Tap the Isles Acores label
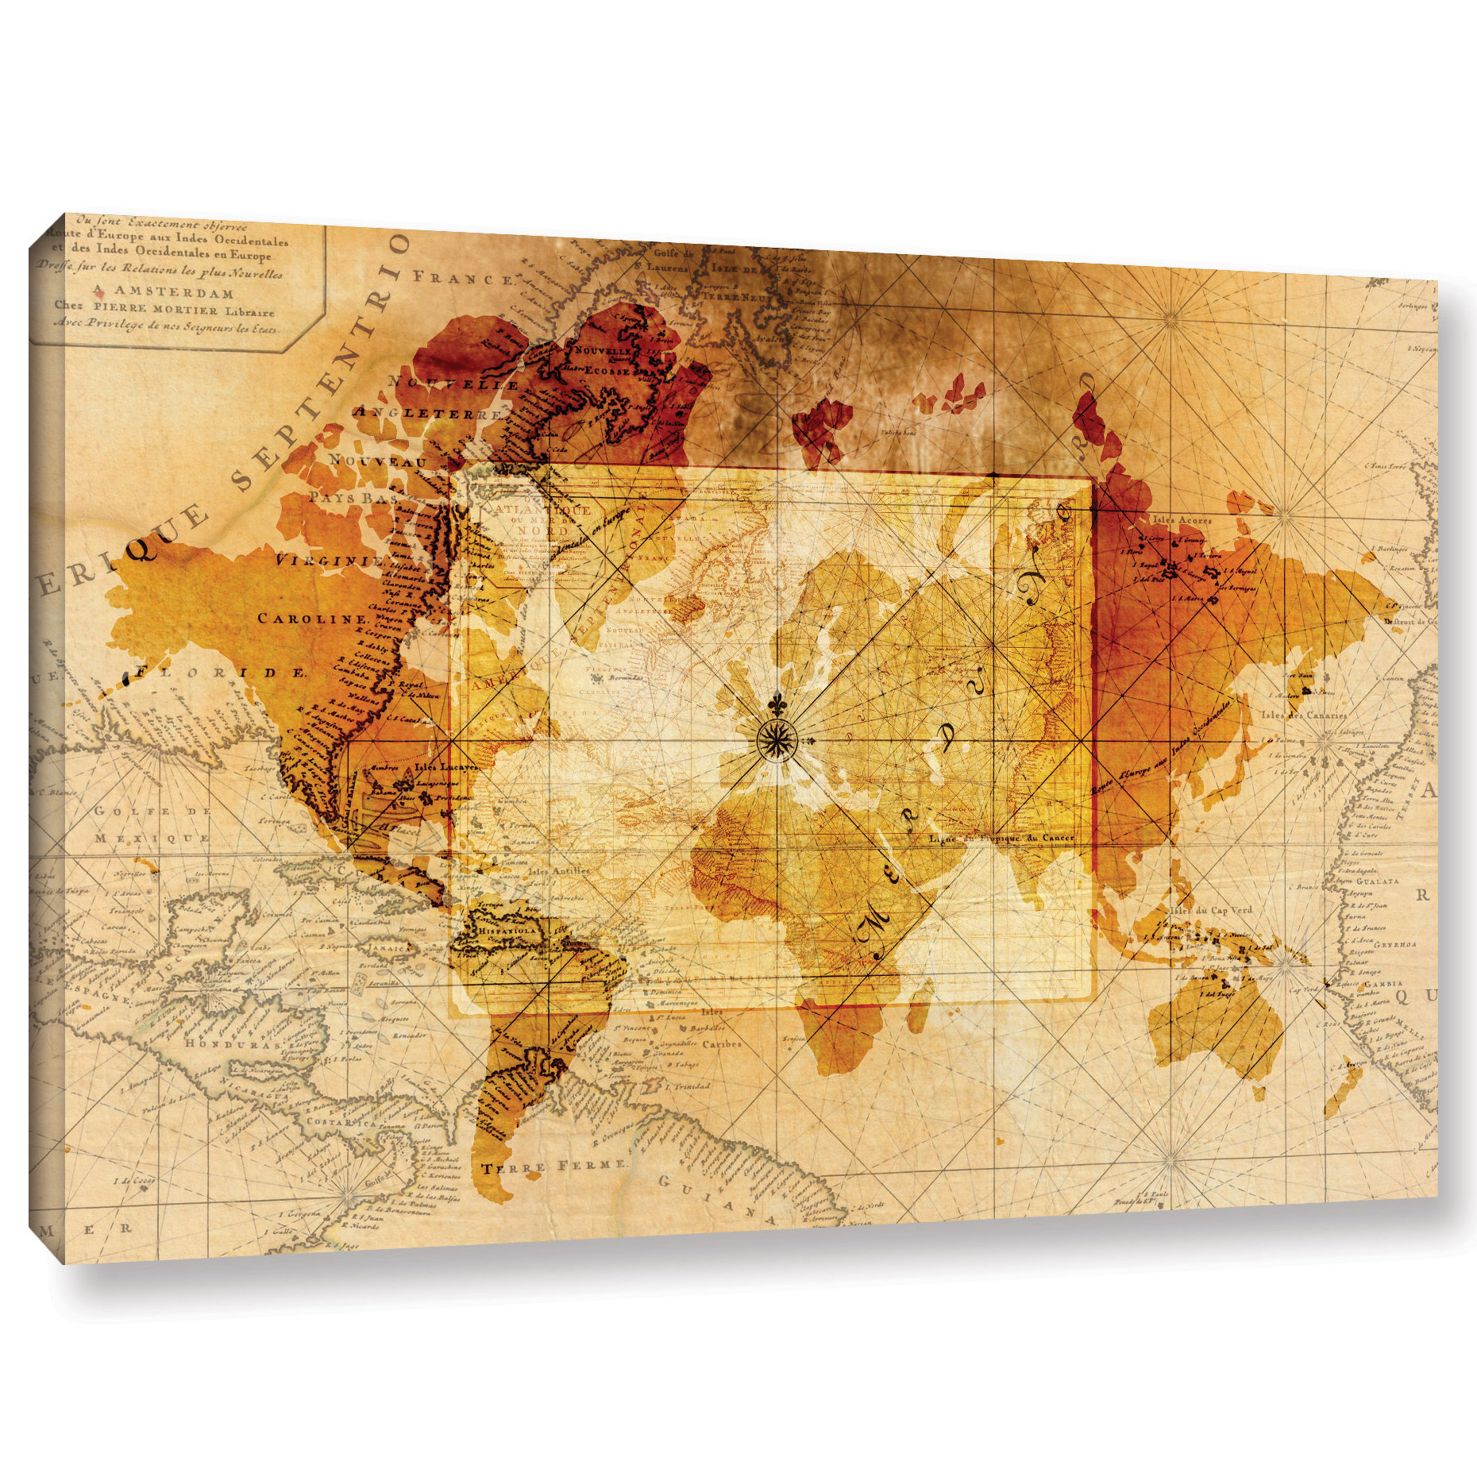point(1183,520)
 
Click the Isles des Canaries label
point(1303,715)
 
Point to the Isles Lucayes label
point(445,769)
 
